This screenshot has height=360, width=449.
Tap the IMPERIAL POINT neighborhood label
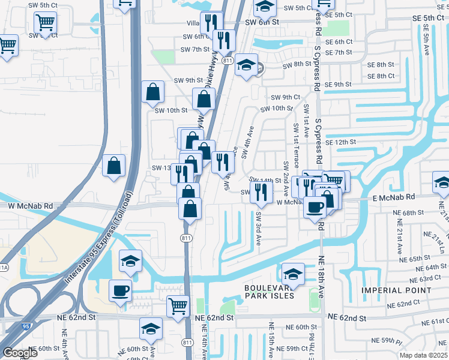pyautogui.click(x=396, y=290)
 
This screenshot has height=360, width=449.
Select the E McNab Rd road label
pyautogui.click(x=394, y=197)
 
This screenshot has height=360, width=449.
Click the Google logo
pyautogui.click(x=20, y=353)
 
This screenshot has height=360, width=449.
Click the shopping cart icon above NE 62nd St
pyautogui.click(x=178, y=307)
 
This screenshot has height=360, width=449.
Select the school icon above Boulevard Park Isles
pyautogui.click(x=293, y=274)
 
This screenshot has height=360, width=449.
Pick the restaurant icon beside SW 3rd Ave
pyautogui.click(x=261, y=191)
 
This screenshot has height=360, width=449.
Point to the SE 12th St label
pyautogui.click(x=341, y=142)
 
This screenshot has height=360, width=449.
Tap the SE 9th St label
pyautogui.click(x=338, y=85)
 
